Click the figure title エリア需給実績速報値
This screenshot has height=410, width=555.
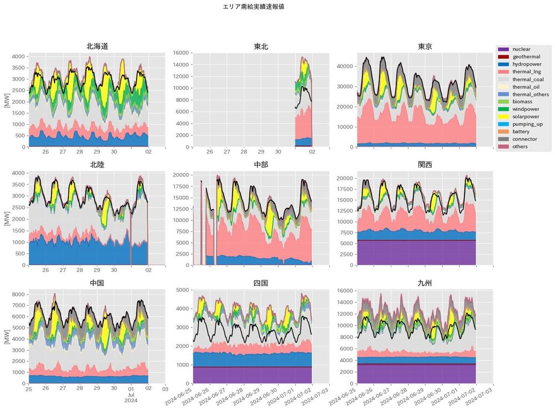pyautogui.click(x=253, y=7)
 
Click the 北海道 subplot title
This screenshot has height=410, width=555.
pyautogui.click(x=97, y=46)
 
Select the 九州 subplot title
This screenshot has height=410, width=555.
pyautogui.click(x=425, y=283)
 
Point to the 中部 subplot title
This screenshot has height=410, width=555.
pyautogui.click(x=261, y=165)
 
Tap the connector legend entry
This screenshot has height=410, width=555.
pyautogui.click(x=524, y=139)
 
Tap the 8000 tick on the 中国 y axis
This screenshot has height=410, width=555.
pyautogui.click(x=18, y=295)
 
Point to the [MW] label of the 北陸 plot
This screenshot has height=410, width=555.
pyautogui.click(x=6, y=219)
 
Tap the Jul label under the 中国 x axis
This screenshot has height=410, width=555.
pyautogui.click(x=131, y=394)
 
